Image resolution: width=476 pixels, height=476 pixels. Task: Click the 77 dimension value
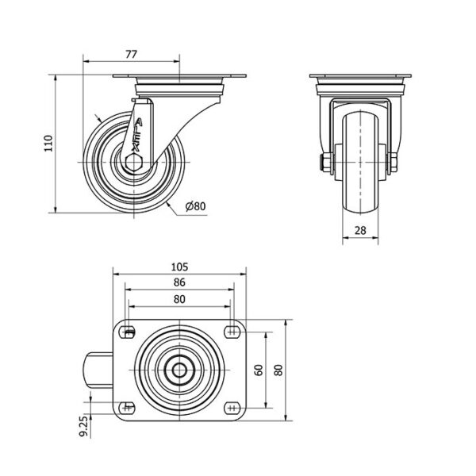click(x=131, y=54)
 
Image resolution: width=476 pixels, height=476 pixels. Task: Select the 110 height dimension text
click(x=48, y=144)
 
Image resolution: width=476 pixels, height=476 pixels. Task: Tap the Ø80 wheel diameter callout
click(x=195, y=206)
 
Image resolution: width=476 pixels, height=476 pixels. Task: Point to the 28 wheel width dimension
click(x=360, y=230)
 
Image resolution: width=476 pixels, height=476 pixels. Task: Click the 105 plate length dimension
click(x=180, y=267)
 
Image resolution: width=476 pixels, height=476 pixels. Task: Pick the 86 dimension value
click(x=179, y=282)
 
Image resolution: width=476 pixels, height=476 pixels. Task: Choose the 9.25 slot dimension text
click(x=83, y=426)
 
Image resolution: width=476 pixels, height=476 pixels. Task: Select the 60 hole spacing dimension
click(x=259, y=370)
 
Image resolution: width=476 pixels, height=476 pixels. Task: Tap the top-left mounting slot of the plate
click(x=128, y=332)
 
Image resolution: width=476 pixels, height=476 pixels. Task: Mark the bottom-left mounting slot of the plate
click(x=128, y=408)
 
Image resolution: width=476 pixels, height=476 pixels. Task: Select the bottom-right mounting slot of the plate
click(x=232, y=408)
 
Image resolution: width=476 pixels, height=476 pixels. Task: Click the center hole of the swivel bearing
click(x=179, y=370)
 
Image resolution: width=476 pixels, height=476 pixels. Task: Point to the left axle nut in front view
click(x=328, y=163)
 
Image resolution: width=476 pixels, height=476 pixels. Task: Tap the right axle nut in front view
click(x=393, y=163)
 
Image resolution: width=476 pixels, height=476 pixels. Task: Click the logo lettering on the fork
click(x=137, y=136)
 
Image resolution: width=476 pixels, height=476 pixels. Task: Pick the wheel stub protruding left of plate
click(x=98, y=370)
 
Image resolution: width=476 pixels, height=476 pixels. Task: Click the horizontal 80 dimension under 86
click(x=179, y=299)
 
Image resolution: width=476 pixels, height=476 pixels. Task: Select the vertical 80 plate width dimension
click(x=278, y=370)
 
